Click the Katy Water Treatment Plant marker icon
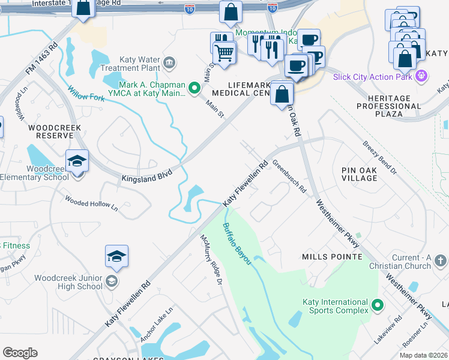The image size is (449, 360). click(x=169, y=62)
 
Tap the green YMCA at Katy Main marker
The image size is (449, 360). click(x=194, y=89)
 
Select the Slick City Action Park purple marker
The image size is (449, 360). click(x=423, y=76)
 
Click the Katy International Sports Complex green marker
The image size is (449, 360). click(x=378, y=306)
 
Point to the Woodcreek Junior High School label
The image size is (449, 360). click(x=68, y=282)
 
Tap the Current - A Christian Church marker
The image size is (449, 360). click(x=441, y=261)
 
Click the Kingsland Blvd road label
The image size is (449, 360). click(x=147, y=176)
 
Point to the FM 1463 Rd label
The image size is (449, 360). click(x=41, y=58)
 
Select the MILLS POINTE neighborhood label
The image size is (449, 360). click(x=333, y=257)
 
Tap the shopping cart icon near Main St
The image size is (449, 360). click(x=224, y=52)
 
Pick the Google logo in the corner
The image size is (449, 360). click(x=20, y=353)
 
